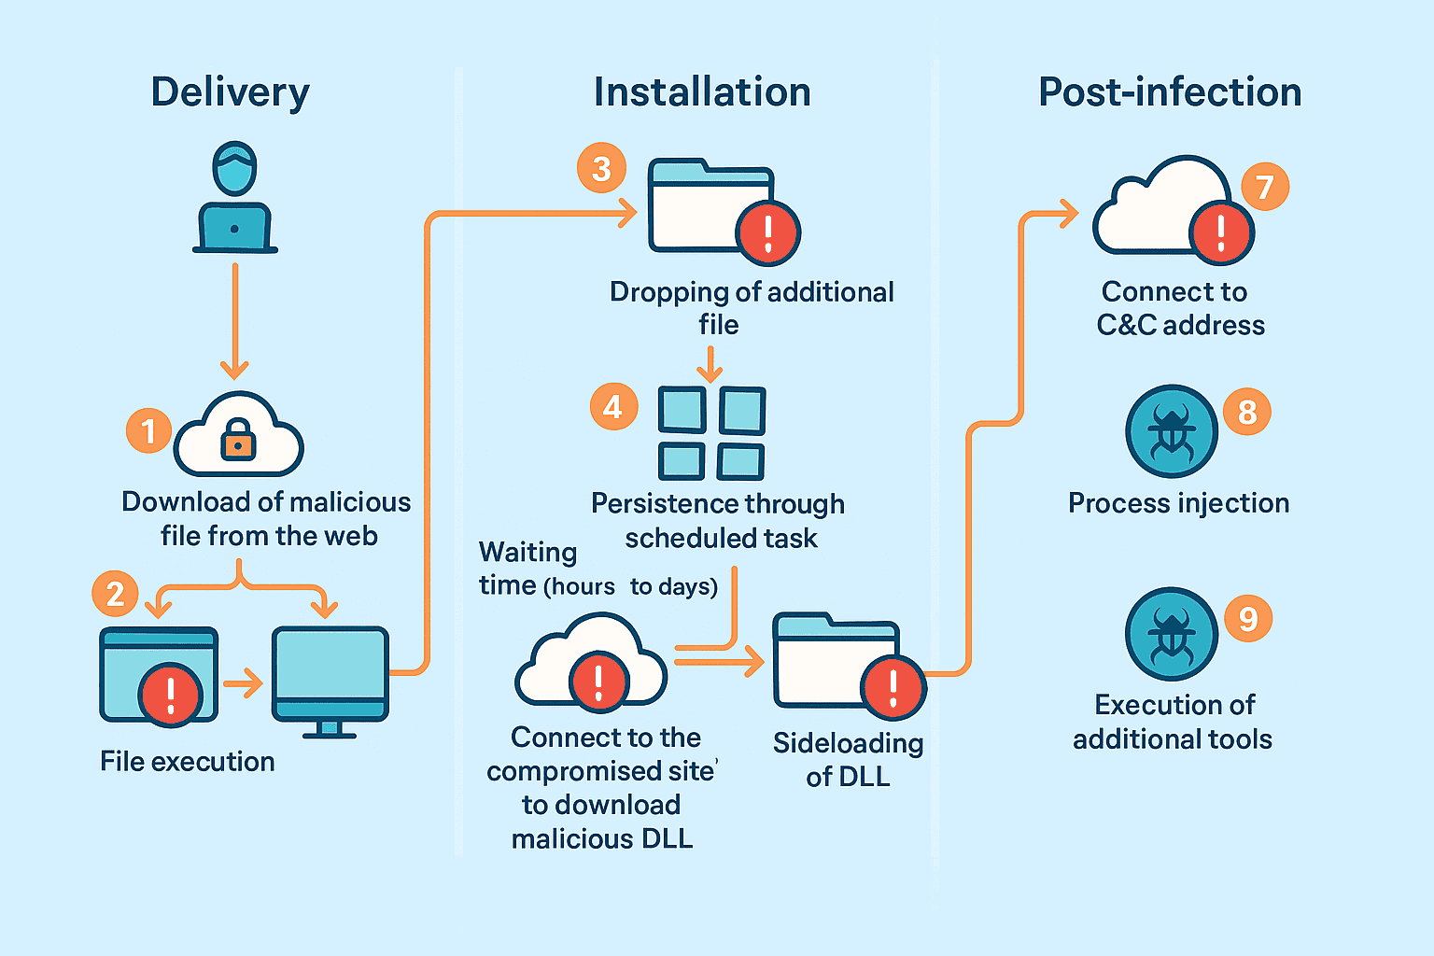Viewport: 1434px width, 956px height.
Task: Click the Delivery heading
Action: [230, 92]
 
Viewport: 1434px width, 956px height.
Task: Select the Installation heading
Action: [702, 92]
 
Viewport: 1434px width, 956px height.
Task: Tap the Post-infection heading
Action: [1170, 92]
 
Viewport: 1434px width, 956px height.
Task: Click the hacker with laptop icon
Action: [234, 198]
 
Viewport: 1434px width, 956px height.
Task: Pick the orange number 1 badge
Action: [148, 430]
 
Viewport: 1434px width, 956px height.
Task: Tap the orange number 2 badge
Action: [115, 594]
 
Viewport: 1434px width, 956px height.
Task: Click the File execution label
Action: [187, 762]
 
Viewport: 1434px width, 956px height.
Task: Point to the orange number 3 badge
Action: [601, 168]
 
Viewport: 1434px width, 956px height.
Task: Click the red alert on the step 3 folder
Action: [767, 232]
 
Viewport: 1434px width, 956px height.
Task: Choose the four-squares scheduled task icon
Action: [711, 432]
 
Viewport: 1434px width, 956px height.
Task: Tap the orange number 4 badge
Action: [613, 406]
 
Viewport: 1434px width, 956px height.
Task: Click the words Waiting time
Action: [527, 568]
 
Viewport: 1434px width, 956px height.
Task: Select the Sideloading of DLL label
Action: [848, 760]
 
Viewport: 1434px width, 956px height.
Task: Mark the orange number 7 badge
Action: [1264, 187]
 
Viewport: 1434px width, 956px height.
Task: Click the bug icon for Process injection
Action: [1171, 431]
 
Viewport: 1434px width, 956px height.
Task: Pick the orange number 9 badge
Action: [1247, 618]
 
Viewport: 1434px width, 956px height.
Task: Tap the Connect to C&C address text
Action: [1178, 308]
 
